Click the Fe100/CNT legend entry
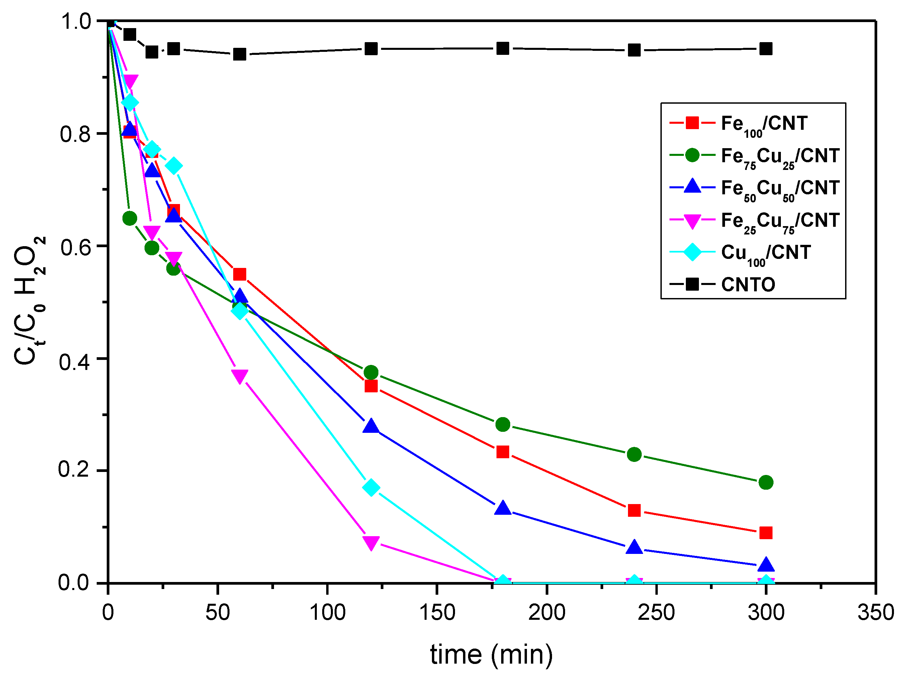point(763,123)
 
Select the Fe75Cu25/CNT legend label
point(780,156)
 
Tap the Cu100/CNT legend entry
point(765,253)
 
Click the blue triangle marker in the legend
point(692,187)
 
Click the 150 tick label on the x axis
point(437,613)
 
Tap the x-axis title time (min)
point(491,654)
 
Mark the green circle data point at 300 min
point(765,482)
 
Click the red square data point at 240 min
point(634,510)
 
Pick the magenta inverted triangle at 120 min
point(371,543)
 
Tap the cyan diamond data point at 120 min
point(371,488)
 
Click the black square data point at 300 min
point(765,49)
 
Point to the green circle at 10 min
point(130,218)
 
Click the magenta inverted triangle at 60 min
point(239,376)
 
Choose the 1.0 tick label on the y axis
point(75,21)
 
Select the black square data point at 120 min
point(371,49)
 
